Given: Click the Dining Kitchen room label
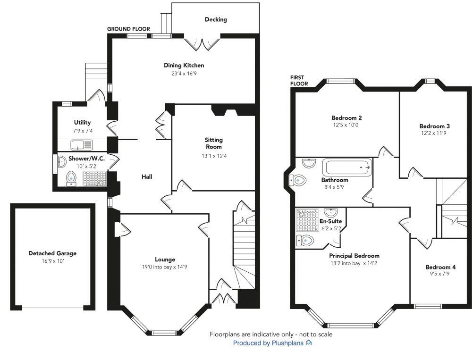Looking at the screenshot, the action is (x=184, y=65).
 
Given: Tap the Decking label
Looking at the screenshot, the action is (x=216, y=19).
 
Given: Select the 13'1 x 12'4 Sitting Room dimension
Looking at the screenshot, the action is (x=213, y=156).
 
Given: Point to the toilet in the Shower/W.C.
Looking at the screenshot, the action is (x=71, y=178).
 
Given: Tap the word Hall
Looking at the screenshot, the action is (x=147, y=176).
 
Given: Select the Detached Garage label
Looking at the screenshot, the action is (x=52, y=253).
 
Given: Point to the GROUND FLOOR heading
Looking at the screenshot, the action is (x=128, y=29).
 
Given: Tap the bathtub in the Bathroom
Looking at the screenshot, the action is (x=347, y=167).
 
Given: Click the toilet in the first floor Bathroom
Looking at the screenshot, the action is (x=298, y=180).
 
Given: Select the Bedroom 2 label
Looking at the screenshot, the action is (x=346, y=118).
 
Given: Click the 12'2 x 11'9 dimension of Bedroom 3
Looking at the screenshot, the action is (x=434, y=133).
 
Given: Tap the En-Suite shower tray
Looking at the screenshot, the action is (x=307, y=220).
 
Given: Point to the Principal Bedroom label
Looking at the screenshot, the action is (x=354, y=256).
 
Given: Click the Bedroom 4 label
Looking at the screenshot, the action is (x=440, y=267).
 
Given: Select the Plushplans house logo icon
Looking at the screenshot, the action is (x=309, y=343).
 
